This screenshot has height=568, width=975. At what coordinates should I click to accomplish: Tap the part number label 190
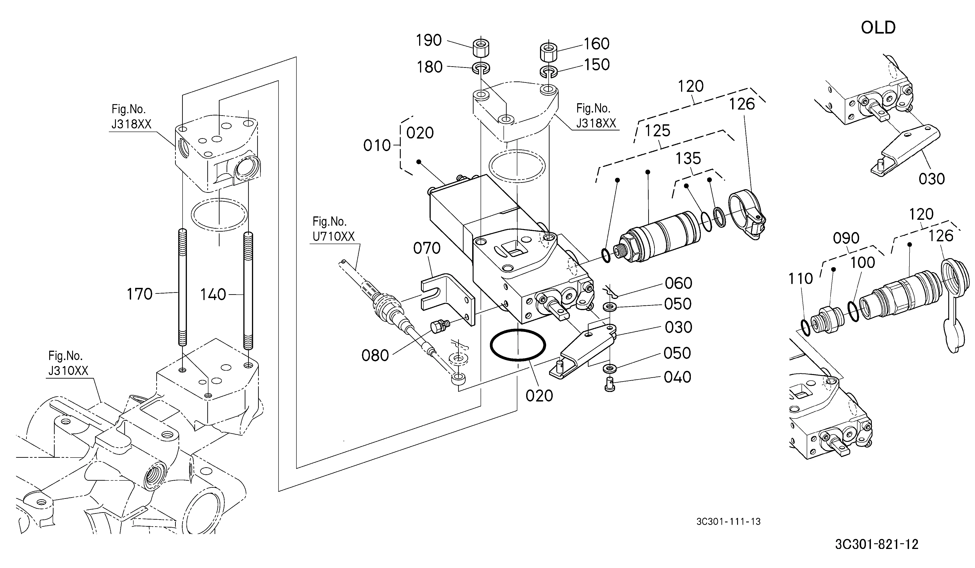(x=429, y=40)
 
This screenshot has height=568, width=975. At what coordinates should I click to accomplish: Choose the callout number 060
(x=678, y=283)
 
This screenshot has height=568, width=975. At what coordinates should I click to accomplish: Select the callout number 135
(x=688, y=158)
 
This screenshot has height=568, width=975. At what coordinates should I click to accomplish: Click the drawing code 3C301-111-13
(x=728, y=521)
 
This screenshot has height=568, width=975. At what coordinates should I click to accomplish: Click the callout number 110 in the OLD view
(x=801, y=279)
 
